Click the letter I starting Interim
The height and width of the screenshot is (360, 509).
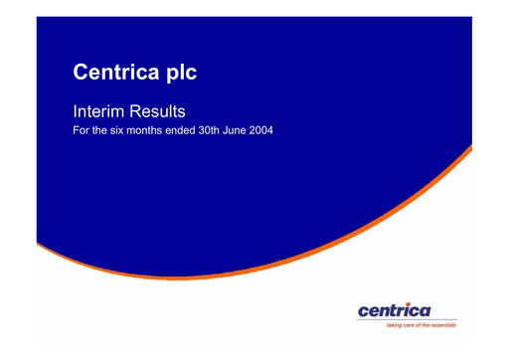click(78, 111)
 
